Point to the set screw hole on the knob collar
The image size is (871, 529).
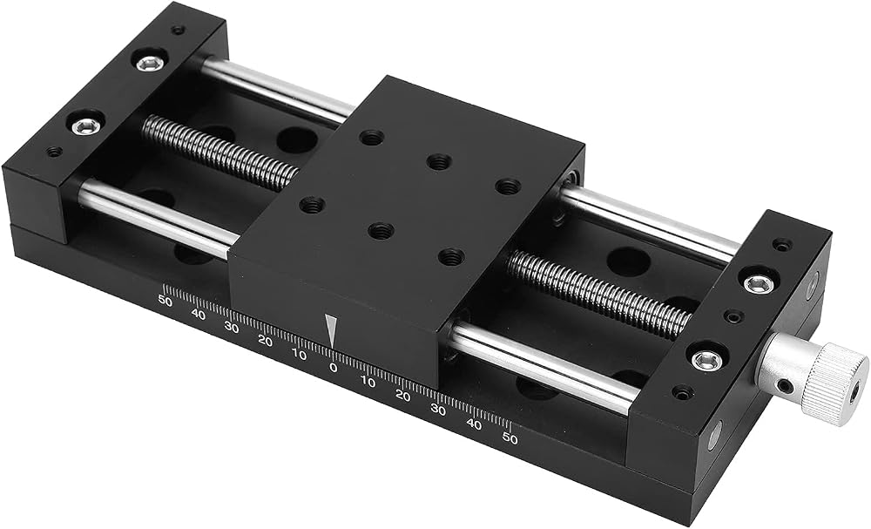click(784, 384)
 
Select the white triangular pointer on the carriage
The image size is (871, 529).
click(331, 331)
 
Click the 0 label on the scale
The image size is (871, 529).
click(333, 367)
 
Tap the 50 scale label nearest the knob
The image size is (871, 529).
click(510, 439)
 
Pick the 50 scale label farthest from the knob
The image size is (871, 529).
click(165, 300)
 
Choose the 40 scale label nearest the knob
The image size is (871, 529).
click(474, 424)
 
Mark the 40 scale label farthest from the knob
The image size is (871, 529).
click(199, 314)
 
